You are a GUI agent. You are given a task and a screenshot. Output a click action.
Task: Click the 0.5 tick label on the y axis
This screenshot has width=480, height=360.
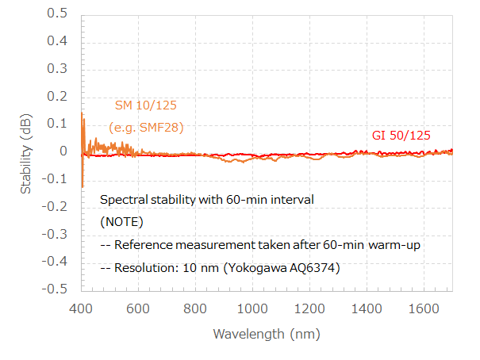click(x=58, y=13)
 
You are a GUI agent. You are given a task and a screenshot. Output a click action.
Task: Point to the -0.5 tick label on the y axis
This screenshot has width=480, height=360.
click(x=56, y=289)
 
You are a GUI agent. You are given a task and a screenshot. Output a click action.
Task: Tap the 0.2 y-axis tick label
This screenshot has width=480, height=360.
click(x=58, y=96)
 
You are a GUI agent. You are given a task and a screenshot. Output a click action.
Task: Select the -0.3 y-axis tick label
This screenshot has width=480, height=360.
click(x=56, y=234)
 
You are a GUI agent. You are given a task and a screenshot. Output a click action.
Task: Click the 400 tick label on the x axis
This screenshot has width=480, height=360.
click(x=82, y=308)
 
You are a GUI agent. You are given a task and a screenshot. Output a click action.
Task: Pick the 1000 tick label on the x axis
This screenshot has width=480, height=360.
click(x=252, y=308)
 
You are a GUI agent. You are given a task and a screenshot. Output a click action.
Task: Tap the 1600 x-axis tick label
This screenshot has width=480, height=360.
click(x=421, y=308)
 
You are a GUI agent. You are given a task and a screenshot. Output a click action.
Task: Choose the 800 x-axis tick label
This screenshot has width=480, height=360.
click(x=195, y=308)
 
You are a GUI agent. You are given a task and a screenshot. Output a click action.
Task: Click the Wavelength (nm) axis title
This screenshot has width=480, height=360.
click(x=267, y=334)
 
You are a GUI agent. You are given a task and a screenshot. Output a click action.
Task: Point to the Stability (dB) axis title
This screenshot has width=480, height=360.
click(x=27, y=151)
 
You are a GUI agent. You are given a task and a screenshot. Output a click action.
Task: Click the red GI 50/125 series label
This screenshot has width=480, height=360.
click(x=401, y=135)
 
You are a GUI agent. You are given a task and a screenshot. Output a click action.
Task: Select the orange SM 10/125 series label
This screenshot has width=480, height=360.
click(x=146, y=106)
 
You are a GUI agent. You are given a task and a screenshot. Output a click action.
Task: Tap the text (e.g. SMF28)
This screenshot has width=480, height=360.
click(x=146, y=127)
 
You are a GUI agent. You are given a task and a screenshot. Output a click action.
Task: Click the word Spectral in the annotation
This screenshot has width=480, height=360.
click(x=122, y=199)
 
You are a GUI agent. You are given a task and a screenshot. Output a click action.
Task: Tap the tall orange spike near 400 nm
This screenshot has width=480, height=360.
click(x=82, y=119)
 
